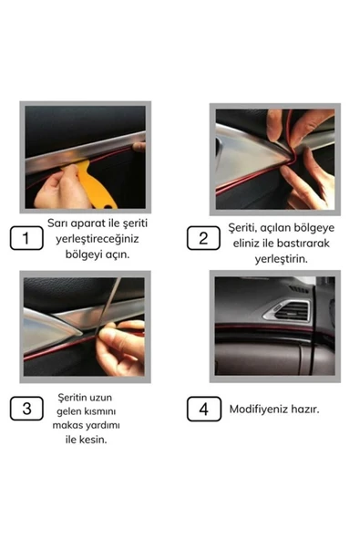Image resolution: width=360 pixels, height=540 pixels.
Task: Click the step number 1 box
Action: tap(26, 240)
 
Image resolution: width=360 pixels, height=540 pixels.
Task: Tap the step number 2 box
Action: tap(203, 239)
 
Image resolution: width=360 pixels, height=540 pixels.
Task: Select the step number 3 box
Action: tap(27, 407)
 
